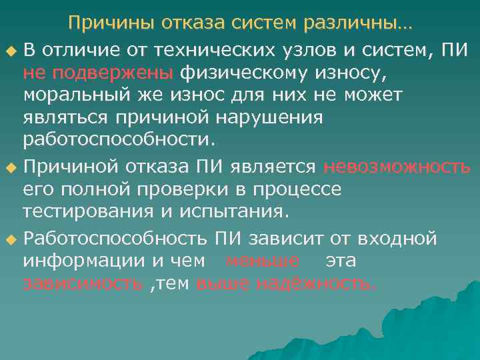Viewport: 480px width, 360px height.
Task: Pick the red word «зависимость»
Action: click(x=83, y=284)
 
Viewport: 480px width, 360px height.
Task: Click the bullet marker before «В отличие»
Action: click(x=9, y=51)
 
